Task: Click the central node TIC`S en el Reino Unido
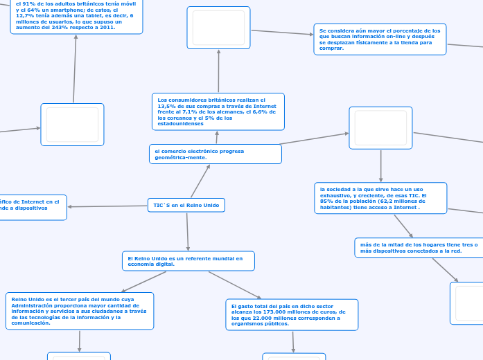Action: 186,206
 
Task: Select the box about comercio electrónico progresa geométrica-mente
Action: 215,154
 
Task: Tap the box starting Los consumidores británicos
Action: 218,111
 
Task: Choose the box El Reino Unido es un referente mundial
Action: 188,261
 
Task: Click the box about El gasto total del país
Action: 292,314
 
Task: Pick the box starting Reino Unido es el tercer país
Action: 79,311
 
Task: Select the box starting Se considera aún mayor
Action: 379,39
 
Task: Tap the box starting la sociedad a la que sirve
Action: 380,198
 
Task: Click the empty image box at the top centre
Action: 218,28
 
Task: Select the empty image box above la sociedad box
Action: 380,128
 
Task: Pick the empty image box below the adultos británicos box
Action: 72,125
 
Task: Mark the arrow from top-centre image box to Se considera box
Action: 281,32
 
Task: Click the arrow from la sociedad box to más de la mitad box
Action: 403,226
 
